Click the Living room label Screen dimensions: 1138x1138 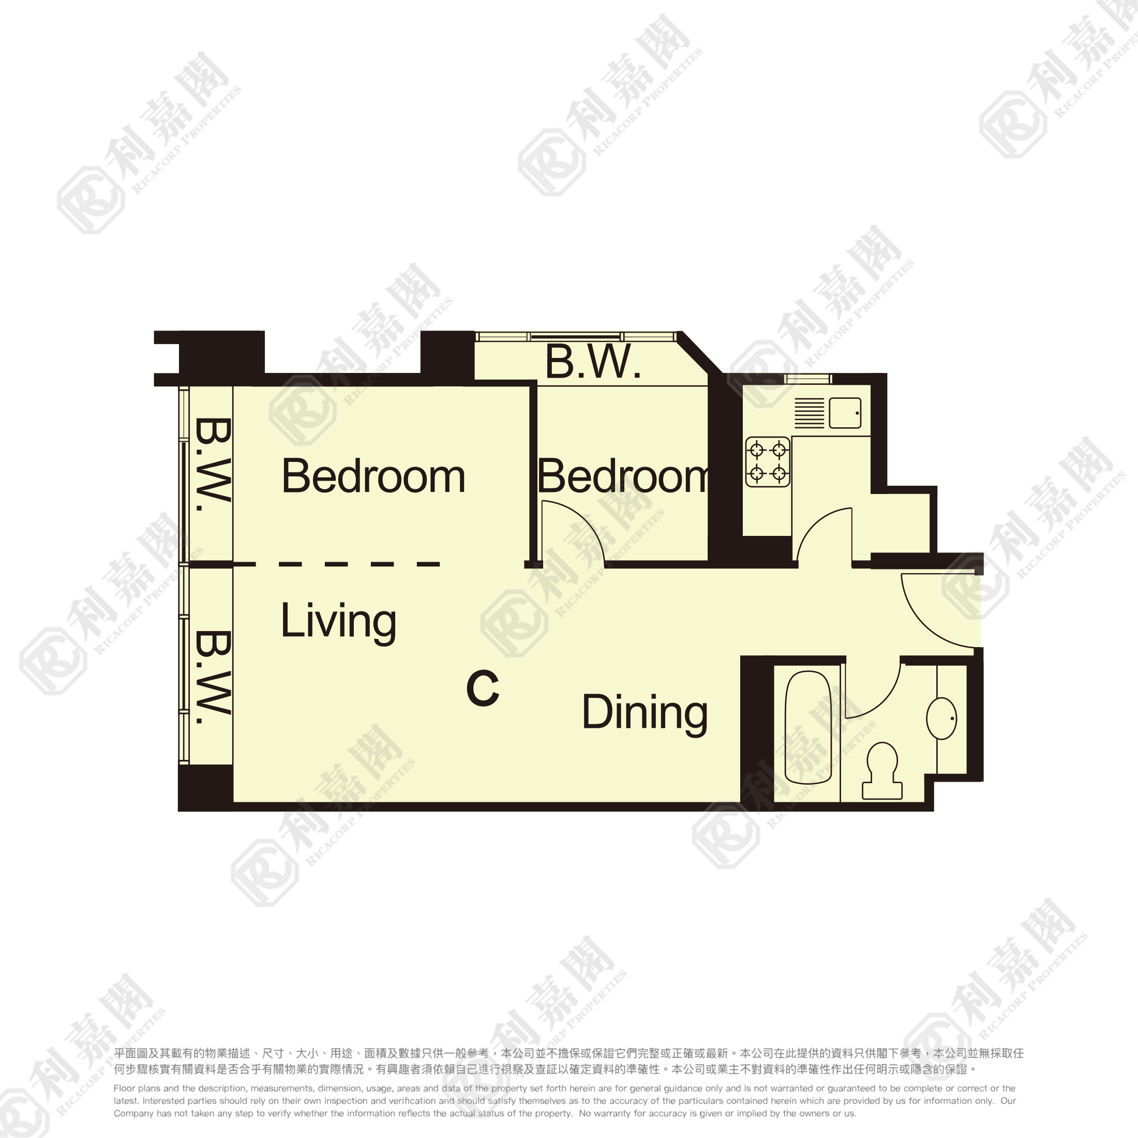click(338, 622)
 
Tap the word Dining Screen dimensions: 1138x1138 click(645, 713)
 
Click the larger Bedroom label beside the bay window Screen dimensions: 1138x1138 click(373, 476)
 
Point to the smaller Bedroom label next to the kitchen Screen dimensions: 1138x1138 click(623, 476)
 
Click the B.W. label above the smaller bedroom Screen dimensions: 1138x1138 click(593, 361)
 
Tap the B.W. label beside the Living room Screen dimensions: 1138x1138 click(212, 678)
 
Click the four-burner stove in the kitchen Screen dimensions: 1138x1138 click(768, 462)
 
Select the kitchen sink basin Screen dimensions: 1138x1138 click(845, 413)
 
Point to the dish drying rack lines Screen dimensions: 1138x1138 click(810, 413)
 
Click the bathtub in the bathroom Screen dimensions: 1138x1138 click(808, 728)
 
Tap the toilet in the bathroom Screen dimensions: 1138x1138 click(882, 771)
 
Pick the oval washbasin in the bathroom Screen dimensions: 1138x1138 click(941, 718)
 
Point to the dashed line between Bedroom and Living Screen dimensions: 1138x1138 click(336, 564)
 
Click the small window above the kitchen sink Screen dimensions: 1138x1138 click(807, 378)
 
